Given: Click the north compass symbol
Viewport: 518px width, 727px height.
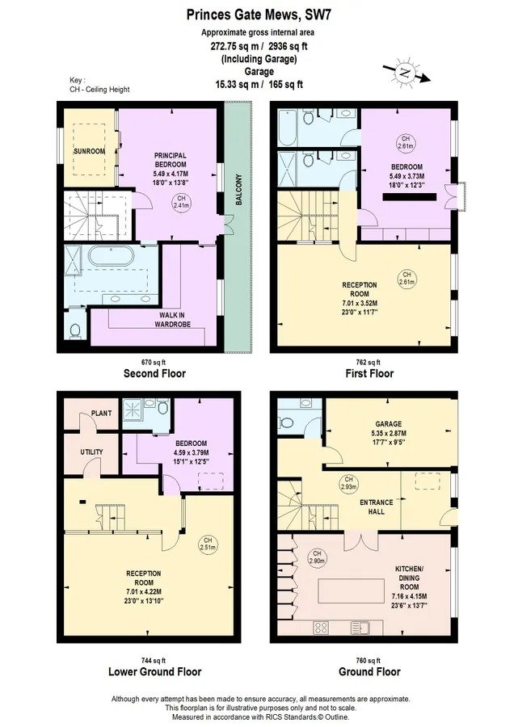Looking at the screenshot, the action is [406, 73].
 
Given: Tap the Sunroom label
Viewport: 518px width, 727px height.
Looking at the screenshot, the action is [90, 151].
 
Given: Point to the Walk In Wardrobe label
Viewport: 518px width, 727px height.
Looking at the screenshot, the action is [172, 320].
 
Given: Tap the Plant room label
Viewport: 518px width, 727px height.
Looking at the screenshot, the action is [101, 413].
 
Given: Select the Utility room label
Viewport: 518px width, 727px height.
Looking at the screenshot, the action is [92, 452].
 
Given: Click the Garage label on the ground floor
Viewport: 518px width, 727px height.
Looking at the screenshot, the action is [389, 424].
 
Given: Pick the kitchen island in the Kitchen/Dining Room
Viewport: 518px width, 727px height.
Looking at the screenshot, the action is [351, 590].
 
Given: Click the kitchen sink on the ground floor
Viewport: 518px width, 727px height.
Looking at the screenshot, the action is [360, 627].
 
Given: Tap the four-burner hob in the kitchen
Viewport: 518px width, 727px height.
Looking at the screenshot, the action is [321, 628].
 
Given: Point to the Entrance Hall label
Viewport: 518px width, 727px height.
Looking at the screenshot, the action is [377, 506].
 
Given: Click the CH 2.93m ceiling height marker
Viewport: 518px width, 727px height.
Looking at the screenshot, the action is [349, 483].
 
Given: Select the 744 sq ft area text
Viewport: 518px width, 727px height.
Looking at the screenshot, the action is [154, 661].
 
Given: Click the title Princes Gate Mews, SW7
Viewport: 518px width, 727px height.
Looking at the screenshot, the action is [259, 15].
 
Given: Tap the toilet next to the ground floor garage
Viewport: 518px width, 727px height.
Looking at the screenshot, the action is [287, 422].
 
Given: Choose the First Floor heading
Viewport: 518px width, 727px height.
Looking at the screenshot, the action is [369, 373].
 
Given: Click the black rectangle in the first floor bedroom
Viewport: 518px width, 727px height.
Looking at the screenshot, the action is [410, 196].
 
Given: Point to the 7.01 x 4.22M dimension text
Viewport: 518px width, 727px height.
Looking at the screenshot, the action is [144, 591].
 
